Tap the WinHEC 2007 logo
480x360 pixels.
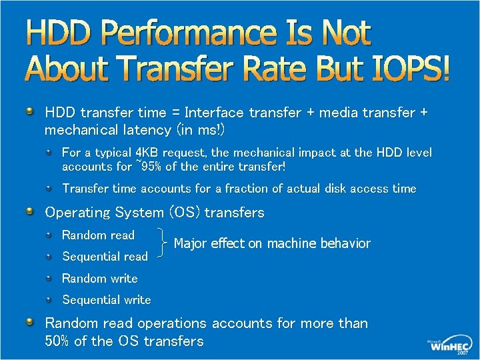451,345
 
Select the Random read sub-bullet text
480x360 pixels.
98,235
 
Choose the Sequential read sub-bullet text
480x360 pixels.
105,257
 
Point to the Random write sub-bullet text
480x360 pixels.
99,279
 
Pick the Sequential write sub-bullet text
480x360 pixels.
106,300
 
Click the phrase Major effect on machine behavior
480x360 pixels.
271,243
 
